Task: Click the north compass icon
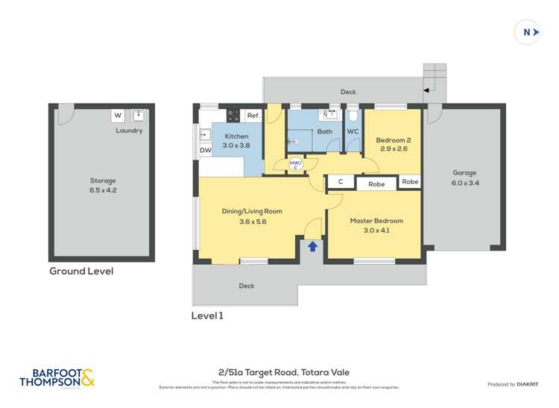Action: pyautogui.click(x=528, y=32)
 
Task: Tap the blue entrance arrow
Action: pyautogui.click(x=313, y=246)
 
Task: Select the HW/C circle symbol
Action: pyautogui.click(x=295, y=165)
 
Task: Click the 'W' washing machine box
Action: pyautogui.click(x=118, y=116)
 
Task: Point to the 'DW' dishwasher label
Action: pyautogui.click(x=205, y=151)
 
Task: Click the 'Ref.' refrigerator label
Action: pyautogui.click(x=253, y=116)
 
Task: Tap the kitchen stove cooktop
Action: pyautogui.click(x=233, y=116)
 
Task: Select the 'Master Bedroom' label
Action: pyautogui.click(x=376, y=221)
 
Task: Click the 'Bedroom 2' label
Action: pyautogui.click(x=392, y=139)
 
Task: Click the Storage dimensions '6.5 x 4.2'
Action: pyautogui.click(x=103, y=190)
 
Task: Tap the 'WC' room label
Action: pyautogui.click(x=353, y=132)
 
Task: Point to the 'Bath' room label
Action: pyautogui.click(x=324, y=132)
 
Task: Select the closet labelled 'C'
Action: pyautogui.click(x=341, y=182)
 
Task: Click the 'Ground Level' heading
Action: pyautogui.click(x=81, y=272)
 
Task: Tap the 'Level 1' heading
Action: pyautogui.click(x=207, y=316)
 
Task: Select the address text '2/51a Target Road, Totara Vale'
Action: pyautogui.click(x=284, y=372)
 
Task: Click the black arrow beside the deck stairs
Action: pyautogui.click(x=426, y=90)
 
